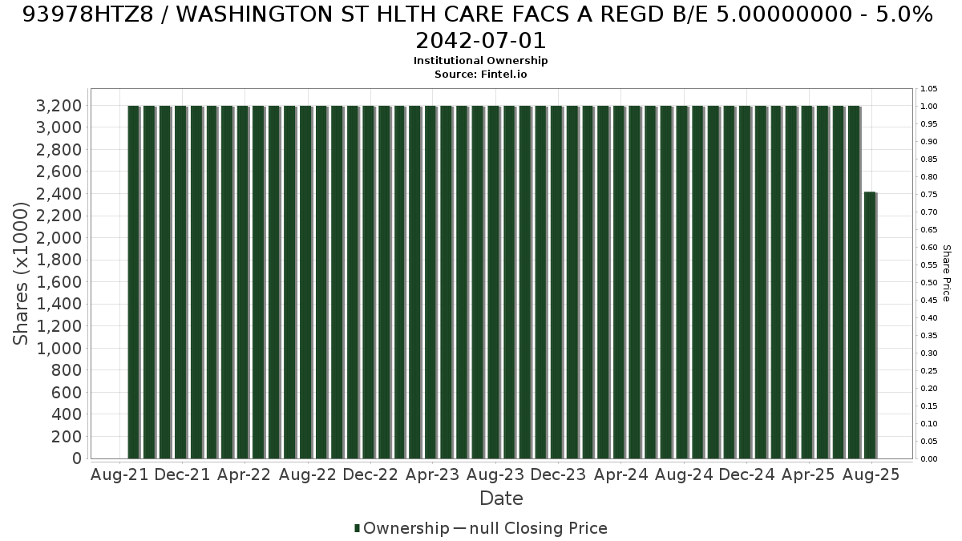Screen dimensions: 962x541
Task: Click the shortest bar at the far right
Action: point(870,325)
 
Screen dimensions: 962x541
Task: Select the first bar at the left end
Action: point(134,282)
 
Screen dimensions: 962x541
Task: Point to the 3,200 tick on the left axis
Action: point(59,106)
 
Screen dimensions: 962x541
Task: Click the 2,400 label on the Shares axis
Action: point(59,194)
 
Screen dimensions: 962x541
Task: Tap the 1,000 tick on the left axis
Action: point(59,348)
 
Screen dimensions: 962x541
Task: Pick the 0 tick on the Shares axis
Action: point(77,458)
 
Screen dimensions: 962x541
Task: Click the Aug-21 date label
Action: point(119,474)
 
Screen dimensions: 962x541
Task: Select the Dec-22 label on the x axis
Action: point(370,474)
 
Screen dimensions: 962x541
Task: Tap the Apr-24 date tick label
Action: point(621,474)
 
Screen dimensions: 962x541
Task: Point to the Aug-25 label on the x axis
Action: point(871,474)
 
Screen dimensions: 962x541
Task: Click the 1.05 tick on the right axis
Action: point(928,89)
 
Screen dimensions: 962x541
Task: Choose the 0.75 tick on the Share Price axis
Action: point(928,195)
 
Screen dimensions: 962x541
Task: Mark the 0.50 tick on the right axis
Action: point(928,282)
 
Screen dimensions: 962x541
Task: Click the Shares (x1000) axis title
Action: point(20,273)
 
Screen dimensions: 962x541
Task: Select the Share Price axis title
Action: point(947,273)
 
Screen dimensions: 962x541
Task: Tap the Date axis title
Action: point(501,499)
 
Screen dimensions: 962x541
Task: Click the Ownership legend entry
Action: point(402,528)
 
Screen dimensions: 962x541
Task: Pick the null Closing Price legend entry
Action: point(531,528)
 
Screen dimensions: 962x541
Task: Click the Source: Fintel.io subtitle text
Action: point(480,75)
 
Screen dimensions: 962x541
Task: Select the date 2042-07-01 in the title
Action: point(480,41)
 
